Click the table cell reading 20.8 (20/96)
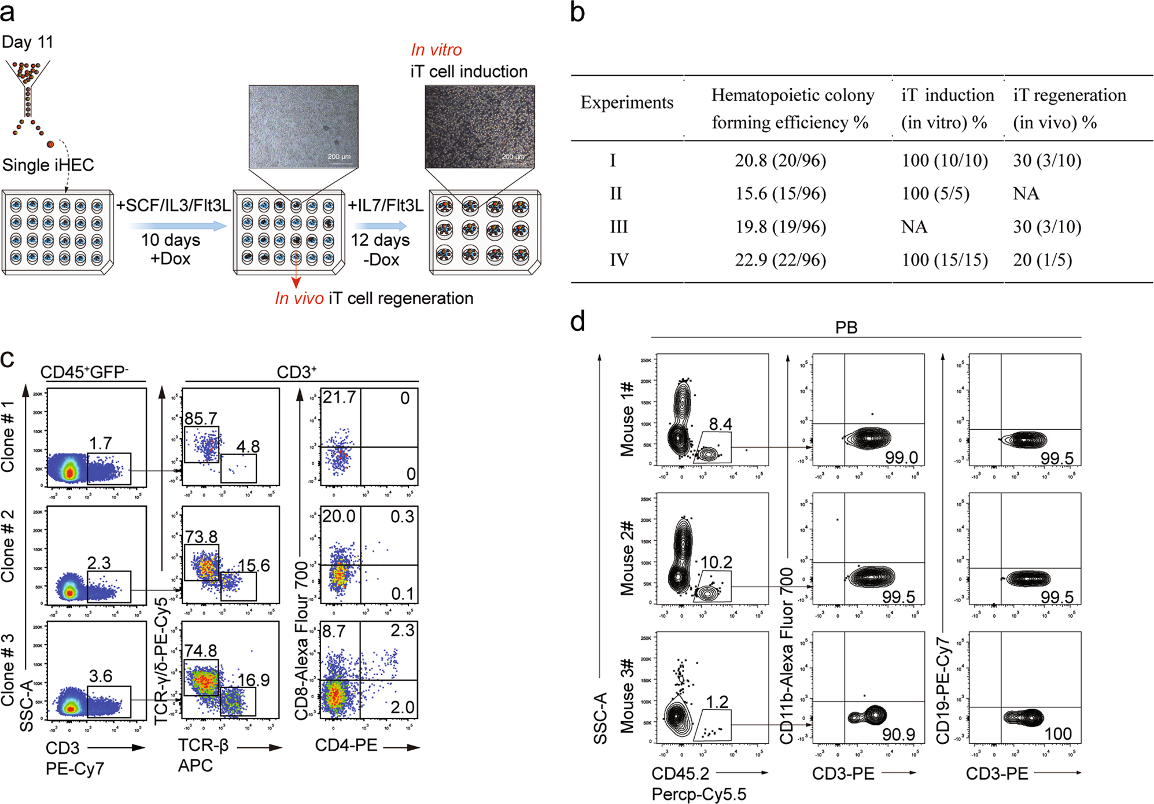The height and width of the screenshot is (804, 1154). pyautogui.click(x=780, y=160)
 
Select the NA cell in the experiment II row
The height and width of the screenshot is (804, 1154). pyautogui.click(x=1026, y=193)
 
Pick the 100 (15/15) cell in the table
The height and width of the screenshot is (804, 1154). pyautogui.click(x=945, y=260)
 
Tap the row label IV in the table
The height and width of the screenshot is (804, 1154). pyautogui.click(x=618, y=260)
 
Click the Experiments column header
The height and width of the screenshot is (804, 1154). pyautogui.click(x=627, y=102)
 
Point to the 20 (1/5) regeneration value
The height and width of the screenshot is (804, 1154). pyautogui.click(x=1042, y=260)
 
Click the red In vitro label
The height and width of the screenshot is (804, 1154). pyautogui.click(x=436, y=50)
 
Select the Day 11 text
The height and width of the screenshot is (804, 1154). pyautogui.click(x=27, y=42)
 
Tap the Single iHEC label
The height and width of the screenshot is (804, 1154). pyautogui.click(x=48, y=165)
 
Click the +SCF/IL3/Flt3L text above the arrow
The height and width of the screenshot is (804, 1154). pyautogui.click(x=173, y=205)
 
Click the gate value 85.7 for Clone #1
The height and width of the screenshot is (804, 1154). pyautogui.click(x=201, y=418)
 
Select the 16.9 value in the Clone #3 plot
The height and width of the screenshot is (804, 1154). pyautogui.click(x=253, y=680)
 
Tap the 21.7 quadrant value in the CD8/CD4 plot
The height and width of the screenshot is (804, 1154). pyautogui.click(x=339, y=397)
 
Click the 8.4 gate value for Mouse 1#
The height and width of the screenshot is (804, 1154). pyautogui.click(x=721, y=424)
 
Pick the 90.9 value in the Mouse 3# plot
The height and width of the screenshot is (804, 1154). pyautogui.click(x=898, y=734)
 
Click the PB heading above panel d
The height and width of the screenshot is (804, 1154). pyautogui.click(x=846, y=327)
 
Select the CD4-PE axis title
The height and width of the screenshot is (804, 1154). pyautogui.click(x=346, y=745)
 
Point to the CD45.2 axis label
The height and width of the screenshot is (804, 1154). pyautogui.click(x=680, y=773)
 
